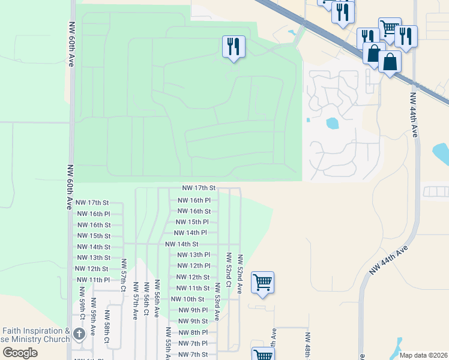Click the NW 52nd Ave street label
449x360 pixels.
(x=240, y=274)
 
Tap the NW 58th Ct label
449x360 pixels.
(x=106, y=328)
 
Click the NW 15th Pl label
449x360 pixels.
(x=193, y=222)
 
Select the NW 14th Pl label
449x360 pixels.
(x=190, y=233)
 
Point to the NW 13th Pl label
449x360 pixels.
(x=194, y=255)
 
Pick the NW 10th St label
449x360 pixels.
(x=187, y=299)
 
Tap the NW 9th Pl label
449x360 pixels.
(x=193, y=310)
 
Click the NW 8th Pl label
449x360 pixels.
(x=193, y=332)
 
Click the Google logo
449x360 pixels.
(x=20, y=352)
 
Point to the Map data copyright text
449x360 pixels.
(x=423, y=355)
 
